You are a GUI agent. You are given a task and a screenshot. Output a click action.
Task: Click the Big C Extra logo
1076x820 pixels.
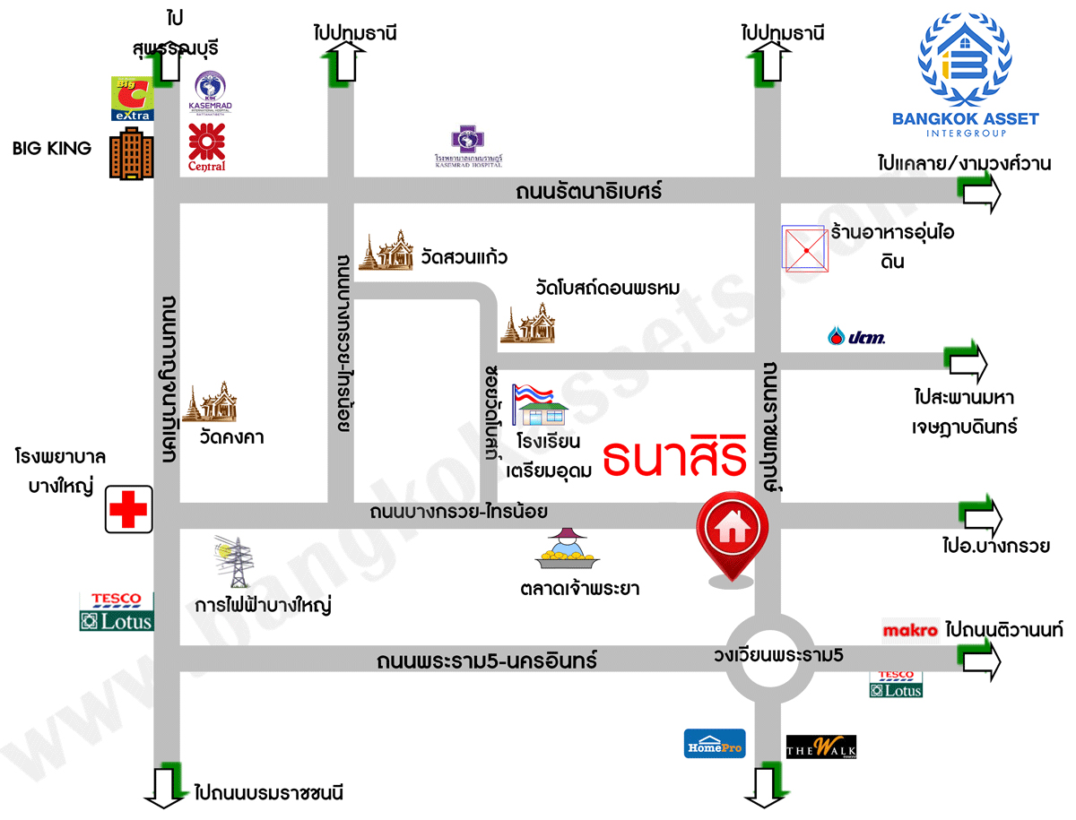pyautogui.click(x=132, y=99)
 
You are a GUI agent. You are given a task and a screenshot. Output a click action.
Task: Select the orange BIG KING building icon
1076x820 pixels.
pyautogui.click(x=131, y=156)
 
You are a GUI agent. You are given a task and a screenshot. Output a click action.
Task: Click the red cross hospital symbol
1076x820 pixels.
pyautogui.click(x=127, y=510)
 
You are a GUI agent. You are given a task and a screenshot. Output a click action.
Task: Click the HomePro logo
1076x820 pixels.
pyautogui.click(x=715, y=744)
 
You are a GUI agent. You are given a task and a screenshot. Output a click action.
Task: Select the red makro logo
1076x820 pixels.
pyautogui.click(x=910, y=631)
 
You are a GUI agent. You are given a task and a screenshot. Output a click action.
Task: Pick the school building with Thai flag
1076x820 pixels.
pyautogui.click(x=541, y=406)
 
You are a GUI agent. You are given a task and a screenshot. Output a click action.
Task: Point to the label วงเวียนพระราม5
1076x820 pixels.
pyautogui.click(x=778, y=654)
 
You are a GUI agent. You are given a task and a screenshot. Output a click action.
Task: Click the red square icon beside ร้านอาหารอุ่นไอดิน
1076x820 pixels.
pyautogui.click(x=804, y=247)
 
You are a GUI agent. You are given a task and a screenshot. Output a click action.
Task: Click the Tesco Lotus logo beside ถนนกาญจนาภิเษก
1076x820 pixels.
pyautogui.click(x=117, y=611)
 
